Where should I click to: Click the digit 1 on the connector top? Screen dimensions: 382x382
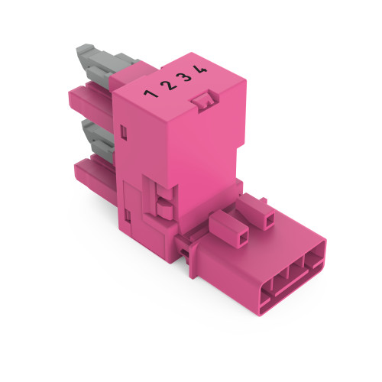[151, 95]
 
